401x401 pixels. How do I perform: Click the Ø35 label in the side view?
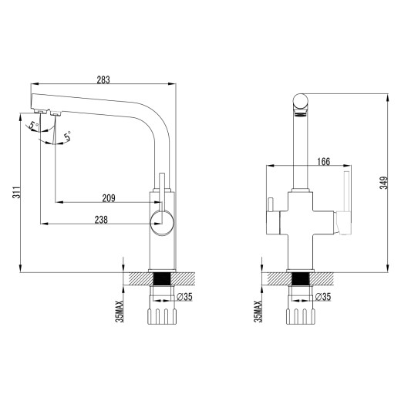184,295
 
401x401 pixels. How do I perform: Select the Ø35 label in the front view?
325,295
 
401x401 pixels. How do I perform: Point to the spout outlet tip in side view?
42,112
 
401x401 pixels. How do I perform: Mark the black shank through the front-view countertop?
301,279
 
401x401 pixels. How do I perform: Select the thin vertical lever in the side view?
162,186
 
